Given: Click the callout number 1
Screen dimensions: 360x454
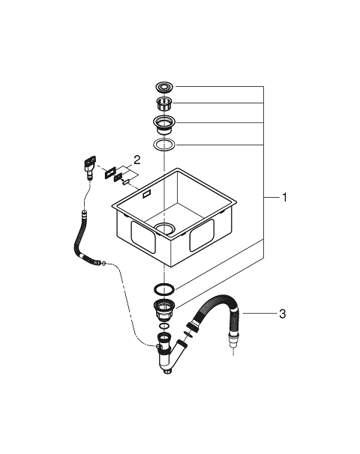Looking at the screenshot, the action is point(284,198).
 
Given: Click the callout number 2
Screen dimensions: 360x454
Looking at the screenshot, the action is point(136,160).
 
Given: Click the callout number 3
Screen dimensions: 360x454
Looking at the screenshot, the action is point(282,314).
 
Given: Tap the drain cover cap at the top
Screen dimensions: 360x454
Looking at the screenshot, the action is point(165,86).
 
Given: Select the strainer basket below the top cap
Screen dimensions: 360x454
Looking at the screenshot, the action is point(165,103).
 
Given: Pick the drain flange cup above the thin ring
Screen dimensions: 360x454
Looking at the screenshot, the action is point(165,124).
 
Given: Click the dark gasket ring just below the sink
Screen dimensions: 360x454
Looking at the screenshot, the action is point(164,288).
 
